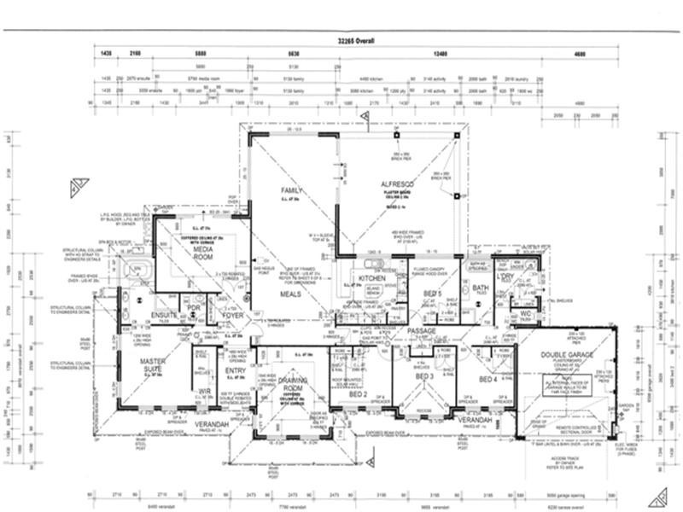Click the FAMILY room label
point(294,189)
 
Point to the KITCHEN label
point(372,279)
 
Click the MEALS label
point(293,294)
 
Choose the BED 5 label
point(432,294)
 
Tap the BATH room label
point(481,288)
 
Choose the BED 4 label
point(487,379)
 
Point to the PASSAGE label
point(421,330)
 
